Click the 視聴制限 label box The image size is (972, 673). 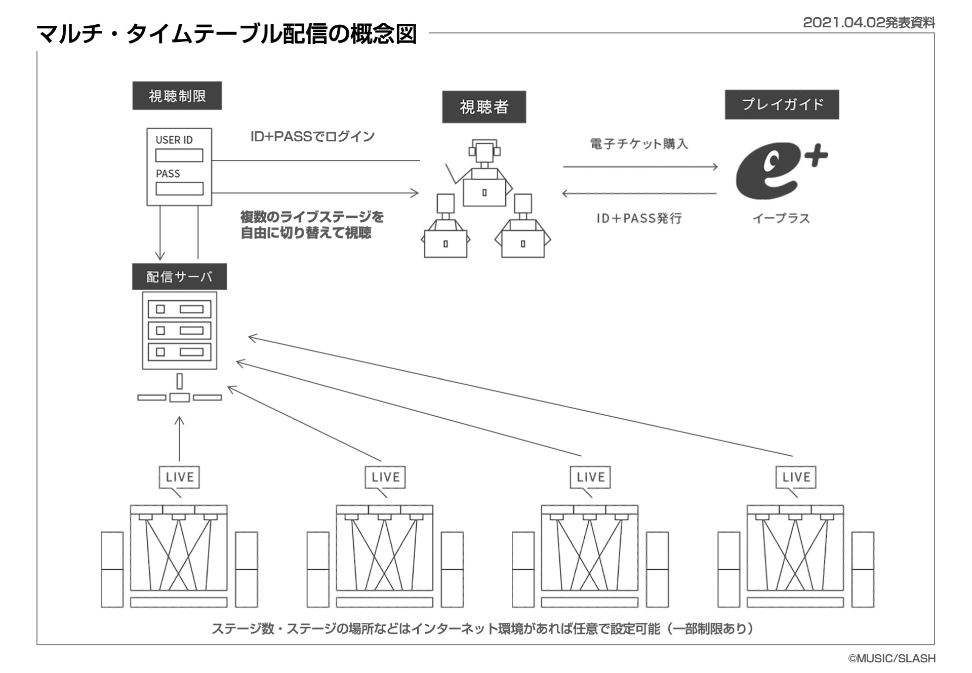tap(177, 96)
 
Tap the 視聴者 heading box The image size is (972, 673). tap(483, 107)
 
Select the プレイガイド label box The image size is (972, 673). tap(781, 104)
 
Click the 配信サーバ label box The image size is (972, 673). tap(179, 276)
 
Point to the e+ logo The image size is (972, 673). tap(779, 171)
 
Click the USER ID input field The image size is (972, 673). tap(179, 155)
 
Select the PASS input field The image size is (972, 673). tap(179, 188)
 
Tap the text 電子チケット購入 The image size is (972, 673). tap(639, 144)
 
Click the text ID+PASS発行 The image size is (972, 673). tap(639, 218)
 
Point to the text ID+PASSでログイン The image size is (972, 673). tap(312, 137)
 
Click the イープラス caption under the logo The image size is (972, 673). tap(781, 218)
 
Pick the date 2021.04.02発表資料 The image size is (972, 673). tap(869, 23)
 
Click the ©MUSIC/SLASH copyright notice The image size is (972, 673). tap(892, 658)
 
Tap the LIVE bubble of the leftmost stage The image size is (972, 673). tap(179, 477)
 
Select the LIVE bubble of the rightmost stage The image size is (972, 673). tap(796, 477)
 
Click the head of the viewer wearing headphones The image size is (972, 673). tap(484, 151)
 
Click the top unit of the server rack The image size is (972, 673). tap(179, 309)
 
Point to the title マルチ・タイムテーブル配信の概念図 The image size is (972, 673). tap(226, 34)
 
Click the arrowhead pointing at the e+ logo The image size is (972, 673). tap(714, 167)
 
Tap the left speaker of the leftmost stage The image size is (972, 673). tap(112, 569)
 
